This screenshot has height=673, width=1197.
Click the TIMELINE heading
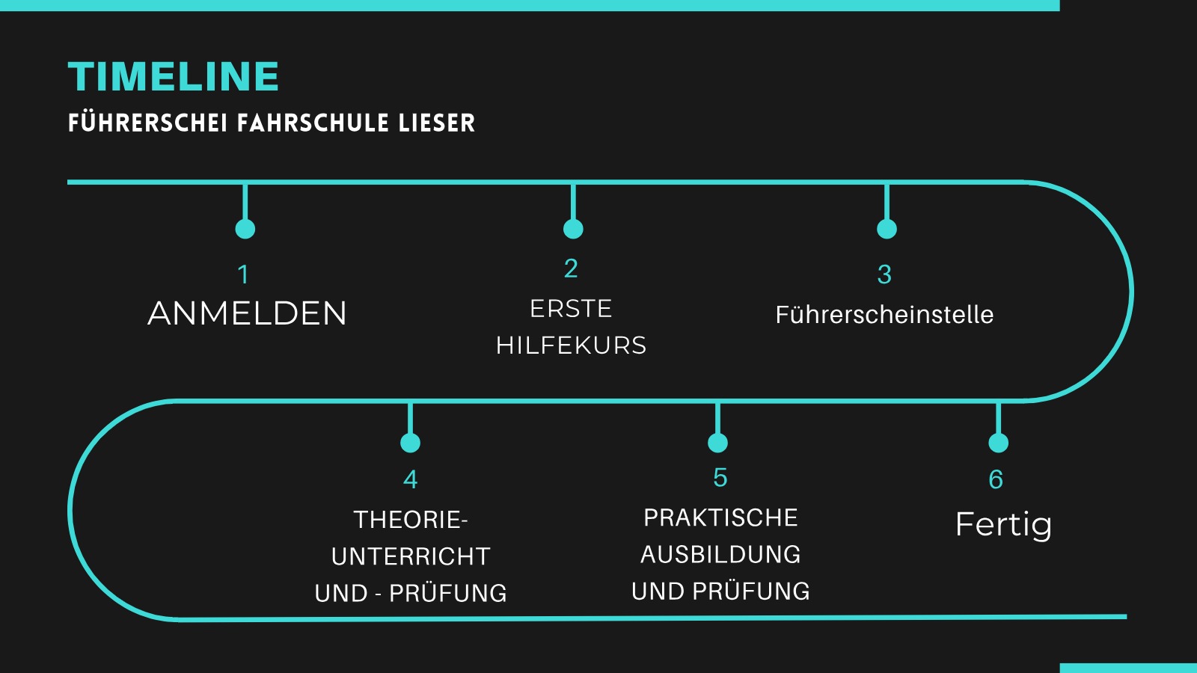(x=174, y=76)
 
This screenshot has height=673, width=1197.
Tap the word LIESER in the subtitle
(x=437, y=123)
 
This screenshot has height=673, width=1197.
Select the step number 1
(x=243, y=274)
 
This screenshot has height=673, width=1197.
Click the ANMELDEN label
(x=248, y=313)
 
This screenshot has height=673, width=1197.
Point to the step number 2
(x=571, y=268)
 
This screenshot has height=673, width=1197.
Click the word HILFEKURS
(x=572, y=345)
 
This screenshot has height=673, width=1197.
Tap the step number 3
(x=884, y=274)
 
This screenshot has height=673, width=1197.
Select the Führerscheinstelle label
(x=884, y=315)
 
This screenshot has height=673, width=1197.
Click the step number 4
(x=410, y=479)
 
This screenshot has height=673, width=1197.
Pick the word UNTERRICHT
(x=411, y=556)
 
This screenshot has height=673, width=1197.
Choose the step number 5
(x=720, y=478)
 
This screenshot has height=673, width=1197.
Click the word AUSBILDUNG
(x=720, y=555)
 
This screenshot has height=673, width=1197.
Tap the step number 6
(x=996, y=479)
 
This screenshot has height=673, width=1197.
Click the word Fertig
(x=1003, y=524)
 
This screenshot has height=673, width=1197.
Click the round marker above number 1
(x=245, y=229)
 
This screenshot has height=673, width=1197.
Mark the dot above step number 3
(x=887, y=229)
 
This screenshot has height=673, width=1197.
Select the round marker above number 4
(x=410, y=443)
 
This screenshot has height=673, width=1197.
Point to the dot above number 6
(x=998, y=443)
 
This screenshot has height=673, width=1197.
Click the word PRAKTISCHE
(x=720, y=517)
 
